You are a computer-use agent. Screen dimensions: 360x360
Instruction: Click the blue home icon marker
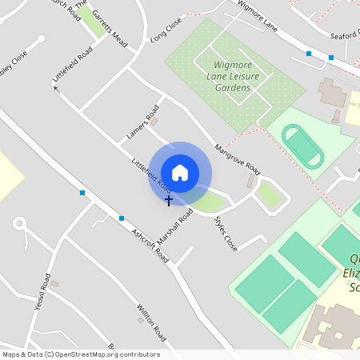pos(180,172)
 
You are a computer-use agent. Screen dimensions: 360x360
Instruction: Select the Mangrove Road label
pos(238,158)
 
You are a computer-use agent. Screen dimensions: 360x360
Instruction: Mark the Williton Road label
pos(150,319)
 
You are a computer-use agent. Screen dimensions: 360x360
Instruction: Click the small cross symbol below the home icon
pos(169,200)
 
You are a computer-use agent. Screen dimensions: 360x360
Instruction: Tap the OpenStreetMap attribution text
pos(81,354)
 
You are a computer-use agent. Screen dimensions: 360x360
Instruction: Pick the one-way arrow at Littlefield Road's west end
pos(57,88)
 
